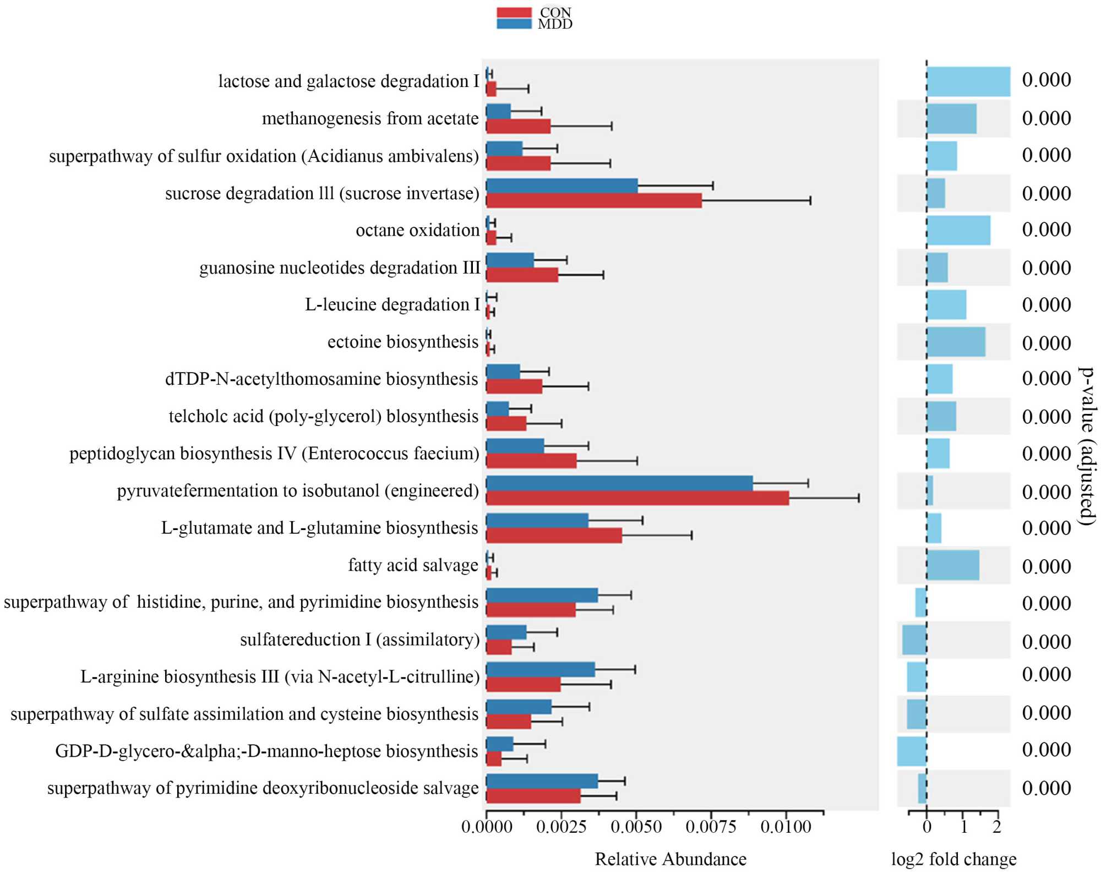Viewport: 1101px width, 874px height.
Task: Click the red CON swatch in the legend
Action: click(514, 12)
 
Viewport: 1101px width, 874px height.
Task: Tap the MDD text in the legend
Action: click(555, 24)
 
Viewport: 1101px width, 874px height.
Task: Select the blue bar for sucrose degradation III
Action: click(562, 186)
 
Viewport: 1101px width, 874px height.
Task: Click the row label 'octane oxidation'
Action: click(417, 230)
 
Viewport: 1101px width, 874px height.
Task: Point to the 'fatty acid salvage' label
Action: click(413, 565)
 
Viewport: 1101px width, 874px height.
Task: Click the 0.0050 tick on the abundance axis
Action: click(636, 826)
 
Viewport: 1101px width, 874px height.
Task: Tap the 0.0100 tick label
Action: click(786, 826)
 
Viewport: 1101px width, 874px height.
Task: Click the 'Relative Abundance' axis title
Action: click(671, 859)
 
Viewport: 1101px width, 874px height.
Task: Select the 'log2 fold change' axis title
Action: click(953, 859)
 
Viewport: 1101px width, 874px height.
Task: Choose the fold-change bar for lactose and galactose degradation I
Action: click(968, 82)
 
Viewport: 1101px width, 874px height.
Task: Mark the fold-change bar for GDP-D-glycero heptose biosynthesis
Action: click(912, 751)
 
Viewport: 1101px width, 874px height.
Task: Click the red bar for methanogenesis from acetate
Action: click(518, 127)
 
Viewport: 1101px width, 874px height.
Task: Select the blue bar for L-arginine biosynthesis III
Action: click(541, 670)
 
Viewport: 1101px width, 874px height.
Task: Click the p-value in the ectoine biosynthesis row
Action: click(1046, 343)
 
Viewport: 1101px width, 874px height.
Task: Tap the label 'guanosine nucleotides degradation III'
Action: click(340, 268)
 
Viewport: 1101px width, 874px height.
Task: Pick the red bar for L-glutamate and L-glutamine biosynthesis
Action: click(554, 536)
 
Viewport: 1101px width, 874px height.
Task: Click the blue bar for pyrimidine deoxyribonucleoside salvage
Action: click(542, 781)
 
